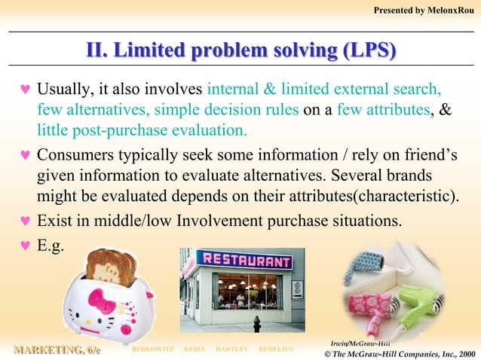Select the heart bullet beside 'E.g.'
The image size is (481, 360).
tap(23, 243)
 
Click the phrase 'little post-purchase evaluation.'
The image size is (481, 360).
tap(142, 129)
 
